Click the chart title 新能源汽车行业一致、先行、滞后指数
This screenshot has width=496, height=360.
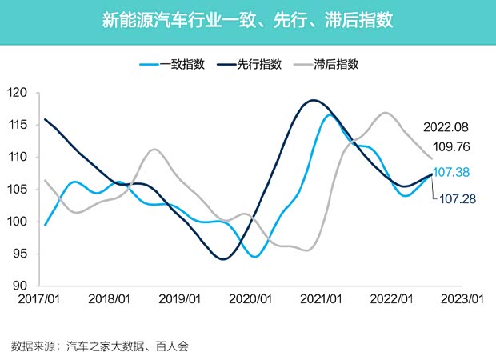pyautogui.click(x=247, y=19)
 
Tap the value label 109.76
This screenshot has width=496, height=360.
pyautogui.click(x=450, y=147)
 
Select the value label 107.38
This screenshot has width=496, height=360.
pyautogui.click(x=454, y=172)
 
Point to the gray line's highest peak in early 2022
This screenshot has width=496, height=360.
pyautogui.click(x=386, y=113)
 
